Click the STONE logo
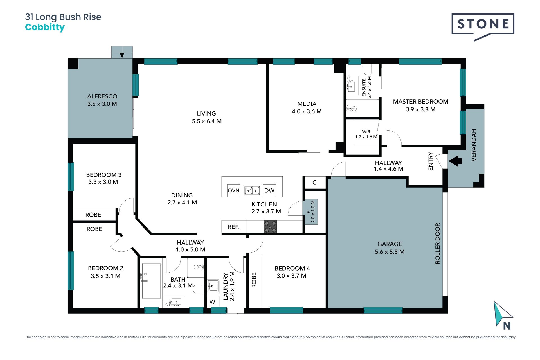(x=483, y=27)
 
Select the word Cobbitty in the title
(x=45, y=27)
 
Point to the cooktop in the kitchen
(x=270, y=227)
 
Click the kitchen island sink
(x=252, y=190)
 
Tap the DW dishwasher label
(x=269, y=190)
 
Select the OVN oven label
(x=233, y=190)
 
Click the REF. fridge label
(x=233, y=227)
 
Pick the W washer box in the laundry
(x=213, y=302)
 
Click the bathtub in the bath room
(x=151, y=281)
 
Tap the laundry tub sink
(x=213, y=286)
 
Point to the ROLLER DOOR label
(x=437, y=244)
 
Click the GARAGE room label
(x=390, y=244)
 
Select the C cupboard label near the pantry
(x=314, y=183)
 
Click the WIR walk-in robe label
(x=366, y=132)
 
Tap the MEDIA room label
(x=307, y=104)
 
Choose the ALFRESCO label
(x=102, y=96)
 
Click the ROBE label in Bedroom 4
(x=254, y=280)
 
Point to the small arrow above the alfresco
(x=122, y=55)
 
